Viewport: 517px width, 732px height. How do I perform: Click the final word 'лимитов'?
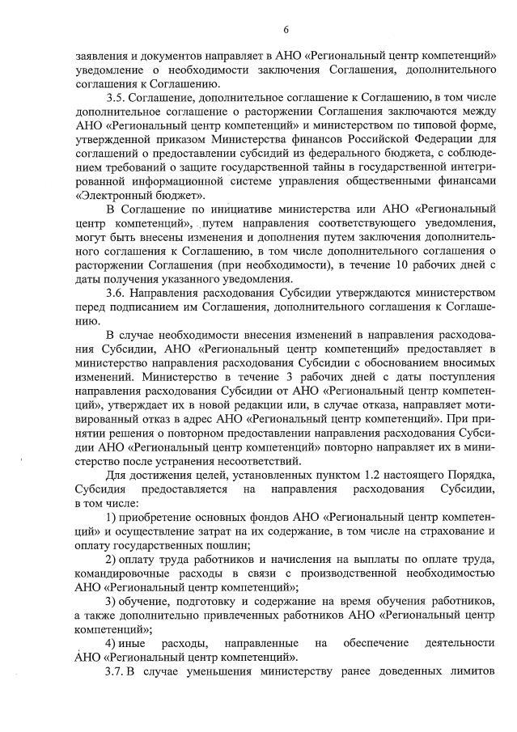click(x=470, y=672)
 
